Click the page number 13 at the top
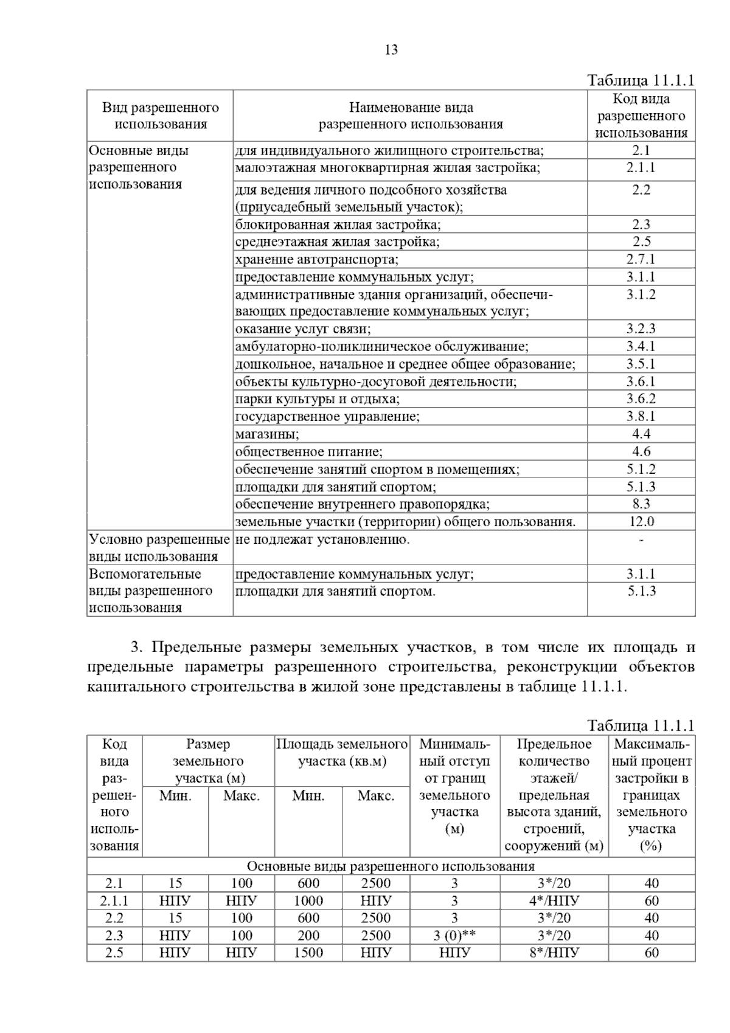pos(391,50)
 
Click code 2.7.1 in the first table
pos(641,259)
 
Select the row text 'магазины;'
pos(267,434)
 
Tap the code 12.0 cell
pos(641,521)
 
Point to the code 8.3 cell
pos(641,504)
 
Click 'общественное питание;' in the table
pos(308,452)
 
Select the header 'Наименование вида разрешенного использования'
pos(411,116)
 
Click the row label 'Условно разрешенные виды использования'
pos(159,548)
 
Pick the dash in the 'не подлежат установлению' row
pos(641,540)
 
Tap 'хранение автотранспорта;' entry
pos(316,260)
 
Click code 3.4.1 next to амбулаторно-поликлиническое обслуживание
pos(641,347)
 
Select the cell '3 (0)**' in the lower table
pos(454,936)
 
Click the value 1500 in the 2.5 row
pos(308,953)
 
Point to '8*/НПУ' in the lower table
pos(554,953)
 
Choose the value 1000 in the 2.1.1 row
pos(308,901)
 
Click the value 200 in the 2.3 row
pos(308,936)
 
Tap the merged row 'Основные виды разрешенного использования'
pos(391,866)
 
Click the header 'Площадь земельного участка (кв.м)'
pos(342,753)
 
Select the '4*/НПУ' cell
pos(554,901)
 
